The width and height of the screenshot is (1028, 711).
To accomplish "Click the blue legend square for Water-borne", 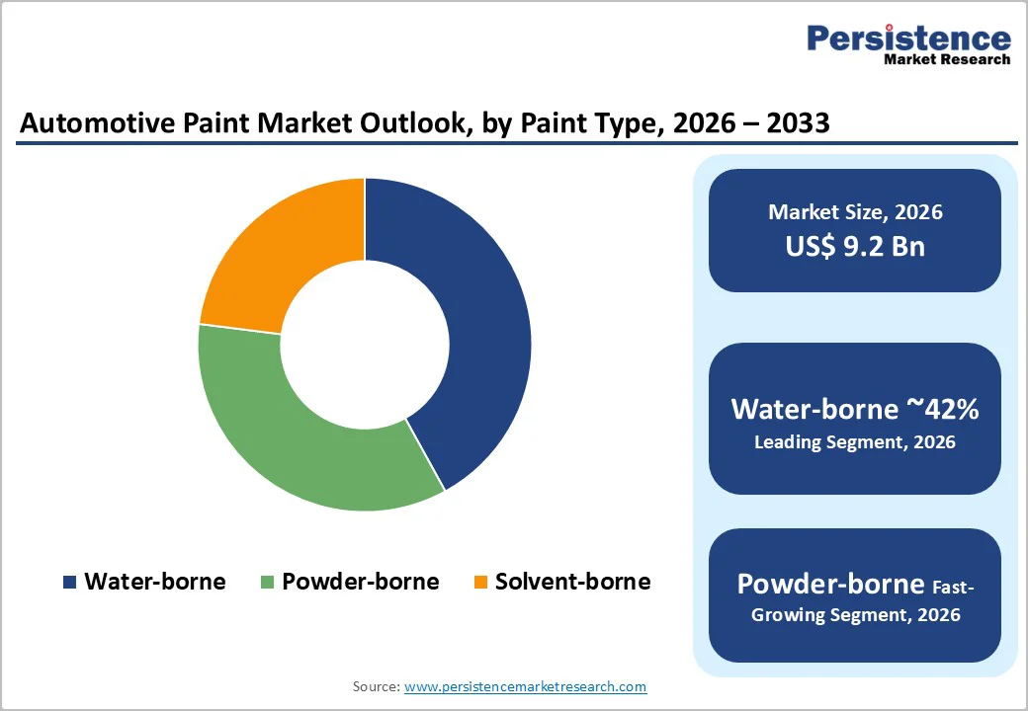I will (69, 583).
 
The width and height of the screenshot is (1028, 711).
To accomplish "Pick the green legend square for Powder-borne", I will (267, 583).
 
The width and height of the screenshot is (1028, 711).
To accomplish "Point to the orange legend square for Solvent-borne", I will (480, 583).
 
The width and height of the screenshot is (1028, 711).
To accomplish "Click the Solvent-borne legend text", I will (572, 582).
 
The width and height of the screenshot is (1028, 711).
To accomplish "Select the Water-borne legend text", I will (154, 582).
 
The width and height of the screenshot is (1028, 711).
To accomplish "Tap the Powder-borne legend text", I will (360, 582).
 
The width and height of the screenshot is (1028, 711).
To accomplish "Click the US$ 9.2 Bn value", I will (855, 246).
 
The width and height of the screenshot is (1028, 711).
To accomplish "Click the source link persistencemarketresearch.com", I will (525, 686).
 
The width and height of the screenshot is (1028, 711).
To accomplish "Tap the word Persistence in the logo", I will (908, 39).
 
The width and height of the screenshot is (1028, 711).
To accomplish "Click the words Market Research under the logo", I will (947, 59).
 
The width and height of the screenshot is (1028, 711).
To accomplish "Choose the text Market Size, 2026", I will (855, 212).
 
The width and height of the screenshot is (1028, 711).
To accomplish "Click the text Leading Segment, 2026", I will (855, 441).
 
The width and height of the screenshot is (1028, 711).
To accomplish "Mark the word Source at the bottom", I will (376, 686).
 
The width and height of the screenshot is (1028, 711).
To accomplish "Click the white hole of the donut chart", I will (365, 345).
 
